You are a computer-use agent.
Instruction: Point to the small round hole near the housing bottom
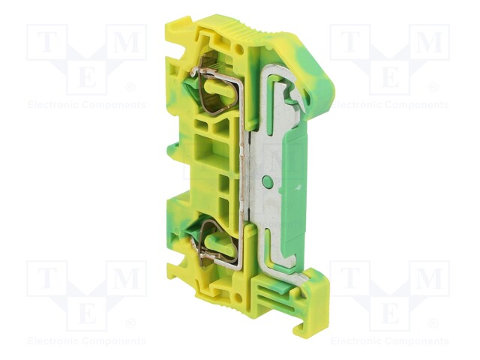(x=238, y=295)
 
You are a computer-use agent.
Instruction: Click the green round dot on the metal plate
(x=268, y=181)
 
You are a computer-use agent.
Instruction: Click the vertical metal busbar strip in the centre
(x=243, y=172)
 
